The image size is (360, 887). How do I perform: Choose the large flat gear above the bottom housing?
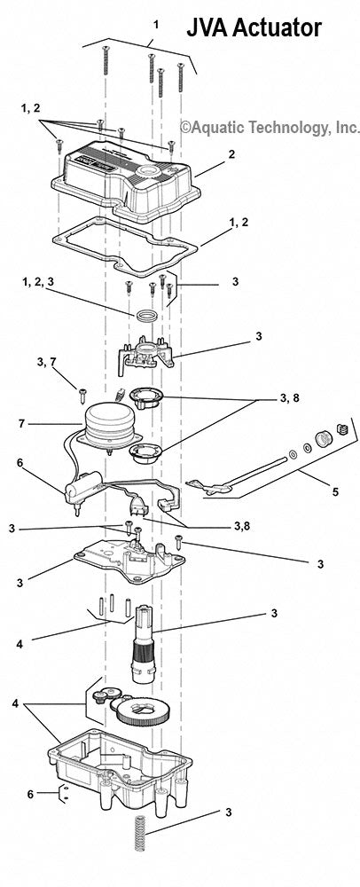tap(152, 713)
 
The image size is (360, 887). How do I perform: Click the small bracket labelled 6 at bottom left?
tap(62, 792)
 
